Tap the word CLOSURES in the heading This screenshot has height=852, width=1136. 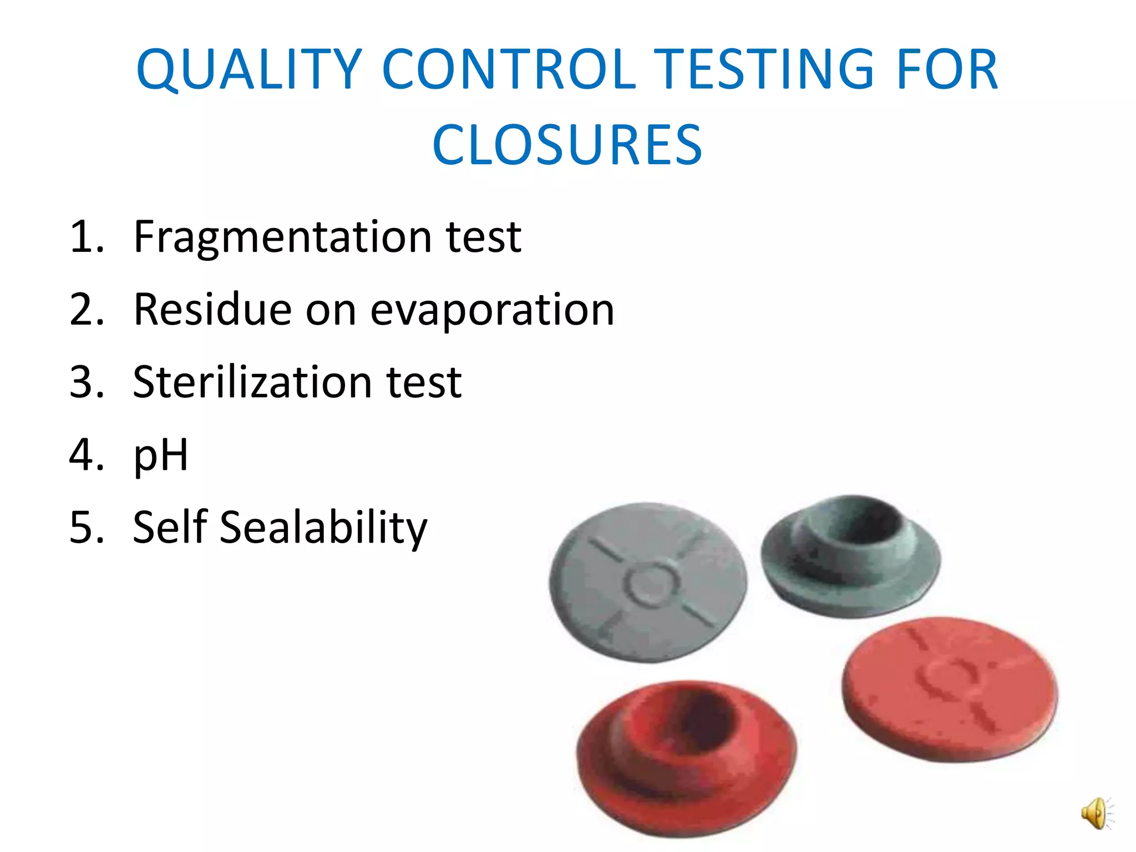click(567, 145)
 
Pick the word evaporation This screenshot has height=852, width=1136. click(492, 311)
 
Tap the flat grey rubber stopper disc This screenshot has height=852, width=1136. click(648, 582)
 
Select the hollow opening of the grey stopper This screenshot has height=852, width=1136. click(865, 524)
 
